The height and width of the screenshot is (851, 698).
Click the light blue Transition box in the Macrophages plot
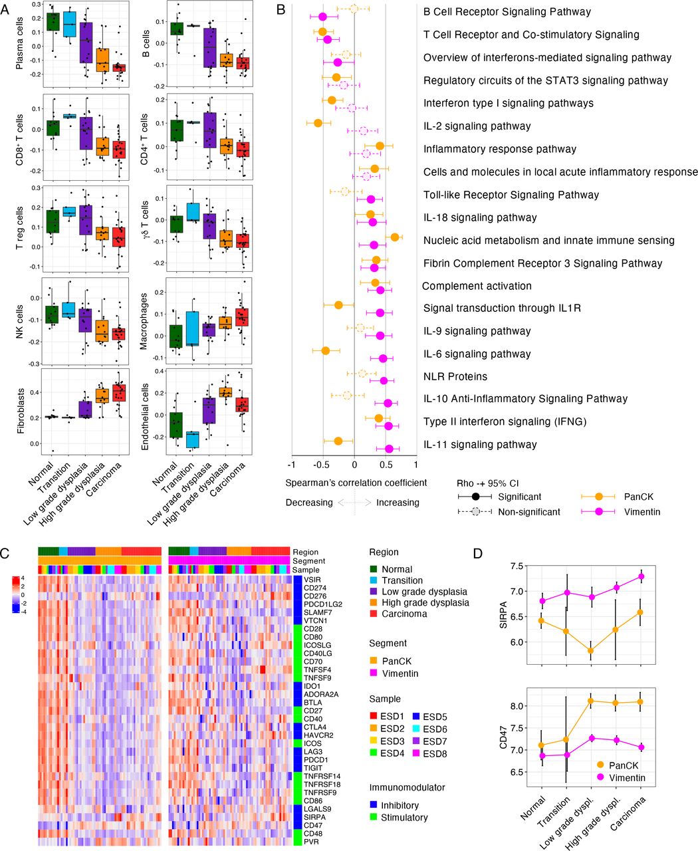point(193,328)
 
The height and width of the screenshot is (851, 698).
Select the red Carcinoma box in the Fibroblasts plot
point(120,393)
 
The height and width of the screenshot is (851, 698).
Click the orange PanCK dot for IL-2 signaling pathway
point(318,123)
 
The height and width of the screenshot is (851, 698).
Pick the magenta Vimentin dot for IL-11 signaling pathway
point(389,449)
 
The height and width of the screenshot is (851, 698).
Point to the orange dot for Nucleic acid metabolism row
point(395,237)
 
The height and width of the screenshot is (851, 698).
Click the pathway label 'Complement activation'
point(477,286)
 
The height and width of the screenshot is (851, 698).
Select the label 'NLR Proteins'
point(455,376)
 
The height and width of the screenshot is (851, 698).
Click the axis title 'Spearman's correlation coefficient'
point(356,483)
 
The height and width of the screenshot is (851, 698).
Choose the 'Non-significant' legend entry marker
point(475,512)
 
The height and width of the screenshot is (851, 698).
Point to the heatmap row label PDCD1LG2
point(323,604)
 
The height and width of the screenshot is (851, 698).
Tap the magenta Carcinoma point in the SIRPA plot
point(641,576)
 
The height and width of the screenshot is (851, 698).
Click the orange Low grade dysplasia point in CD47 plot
point(591,701)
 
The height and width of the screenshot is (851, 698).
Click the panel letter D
point(478,554)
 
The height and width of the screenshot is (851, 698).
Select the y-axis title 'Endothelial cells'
point(144,416)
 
